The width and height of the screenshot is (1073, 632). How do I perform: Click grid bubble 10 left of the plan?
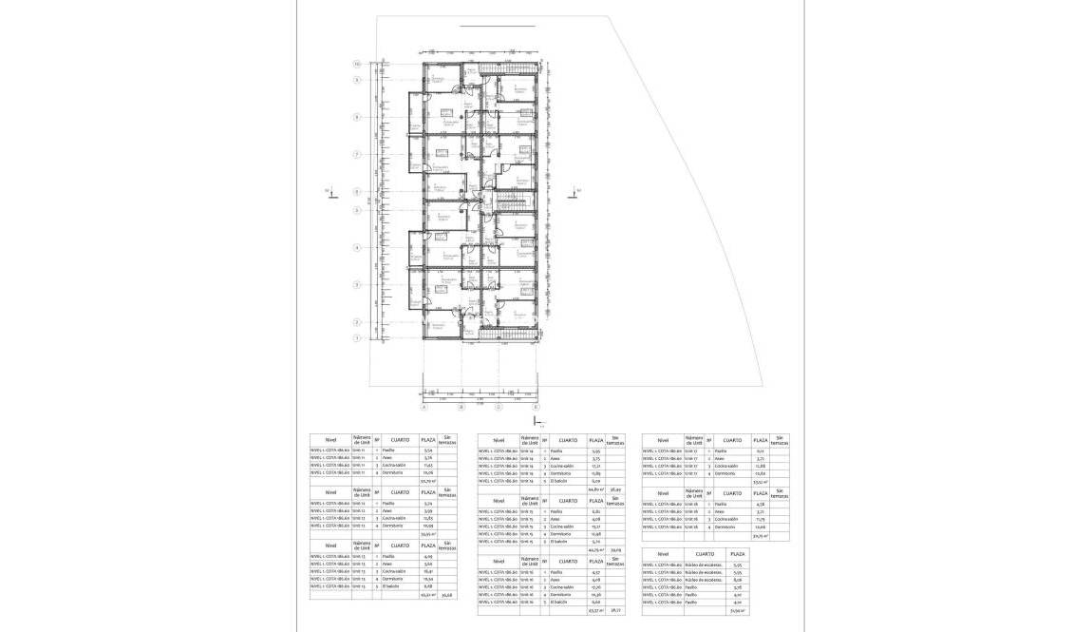pos(356,64)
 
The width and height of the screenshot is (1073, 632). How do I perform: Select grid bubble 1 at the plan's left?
pos(356,337)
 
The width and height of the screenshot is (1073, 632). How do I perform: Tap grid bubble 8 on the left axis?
pos(356,118)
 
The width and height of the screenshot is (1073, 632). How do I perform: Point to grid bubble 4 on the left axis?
pos(356,247)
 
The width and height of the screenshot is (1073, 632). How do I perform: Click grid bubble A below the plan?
pos(423,407)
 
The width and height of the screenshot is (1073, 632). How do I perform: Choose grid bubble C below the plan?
pos(498,407)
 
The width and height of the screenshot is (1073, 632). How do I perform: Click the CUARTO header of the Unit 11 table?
pos(399,440)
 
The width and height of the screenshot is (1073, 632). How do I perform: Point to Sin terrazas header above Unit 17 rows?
pos(780,440)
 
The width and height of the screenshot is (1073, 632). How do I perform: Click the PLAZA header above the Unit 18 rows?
pos(761,493)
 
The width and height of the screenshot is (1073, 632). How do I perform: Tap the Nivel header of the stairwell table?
pos(663,553)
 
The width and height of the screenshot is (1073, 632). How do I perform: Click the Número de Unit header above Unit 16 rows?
pos(530,561)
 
